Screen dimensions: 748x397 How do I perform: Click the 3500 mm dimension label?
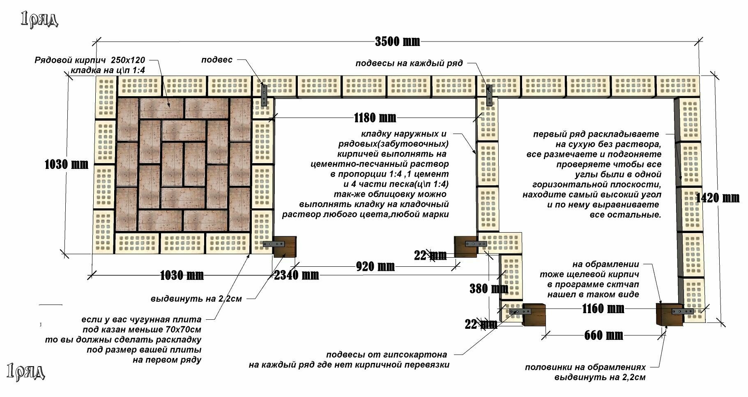397,41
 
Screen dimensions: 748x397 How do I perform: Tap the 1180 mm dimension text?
375,118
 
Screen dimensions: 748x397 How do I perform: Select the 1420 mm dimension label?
718,198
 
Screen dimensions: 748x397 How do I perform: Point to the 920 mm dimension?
375,266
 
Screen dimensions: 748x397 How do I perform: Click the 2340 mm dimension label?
297,275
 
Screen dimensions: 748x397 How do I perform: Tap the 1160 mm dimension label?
603,308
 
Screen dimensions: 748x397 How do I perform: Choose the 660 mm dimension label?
603,335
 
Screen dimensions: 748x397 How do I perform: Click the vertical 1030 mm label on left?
67,164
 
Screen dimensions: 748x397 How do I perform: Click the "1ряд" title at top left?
39,19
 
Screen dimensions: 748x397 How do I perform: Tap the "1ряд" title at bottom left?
26,372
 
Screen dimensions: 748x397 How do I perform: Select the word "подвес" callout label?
217,60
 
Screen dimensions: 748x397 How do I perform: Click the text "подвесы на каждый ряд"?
409,63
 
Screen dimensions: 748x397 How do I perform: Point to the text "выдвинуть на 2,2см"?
196,299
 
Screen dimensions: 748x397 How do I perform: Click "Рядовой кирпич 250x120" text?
90,60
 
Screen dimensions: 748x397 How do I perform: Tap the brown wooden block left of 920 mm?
285,247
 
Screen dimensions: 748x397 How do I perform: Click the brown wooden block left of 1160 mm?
534,315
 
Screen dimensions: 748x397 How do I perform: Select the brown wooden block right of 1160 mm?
667,315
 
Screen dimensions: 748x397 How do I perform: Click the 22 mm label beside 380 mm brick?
481,324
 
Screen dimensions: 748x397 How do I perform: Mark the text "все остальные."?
626,215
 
